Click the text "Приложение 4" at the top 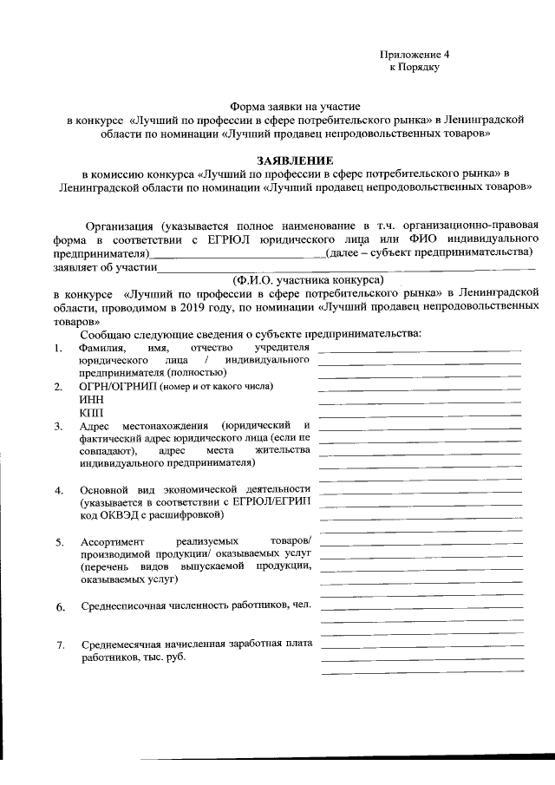(420, 54)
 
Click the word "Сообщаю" (105, 334)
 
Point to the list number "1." (56, 349)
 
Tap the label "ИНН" (89, 398)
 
